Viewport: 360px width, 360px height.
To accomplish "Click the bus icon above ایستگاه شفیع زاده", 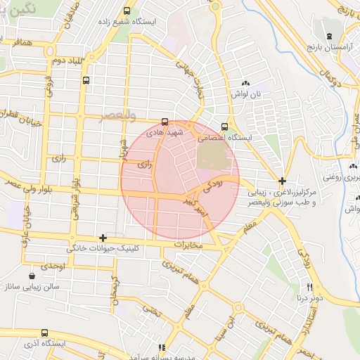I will [127, 11].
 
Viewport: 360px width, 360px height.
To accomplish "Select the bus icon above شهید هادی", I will [165, 121].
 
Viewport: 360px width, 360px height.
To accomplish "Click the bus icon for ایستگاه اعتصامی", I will [224, 127].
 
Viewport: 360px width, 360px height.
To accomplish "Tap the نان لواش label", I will [247, 94].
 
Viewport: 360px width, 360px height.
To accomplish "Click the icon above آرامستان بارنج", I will [329, 36].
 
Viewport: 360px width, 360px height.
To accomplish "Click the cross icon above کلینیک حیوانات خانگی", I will [103, 238].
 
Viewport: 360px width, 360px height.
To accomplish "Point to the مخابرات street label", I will [187, 245].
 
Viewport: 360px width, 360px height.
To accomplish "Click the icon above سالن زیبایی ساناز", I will [32, 276].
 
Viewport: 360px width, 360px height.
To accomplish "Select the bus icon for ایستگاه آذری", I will [45, 333].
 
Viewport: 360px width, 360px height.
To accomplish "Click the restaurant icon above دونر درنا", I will [309, 287].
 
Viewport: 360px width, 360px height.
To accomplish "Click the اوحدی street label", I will [53, 266].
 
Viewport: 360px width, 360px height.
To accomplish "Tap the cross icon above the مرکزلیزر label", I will [282, 181].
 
